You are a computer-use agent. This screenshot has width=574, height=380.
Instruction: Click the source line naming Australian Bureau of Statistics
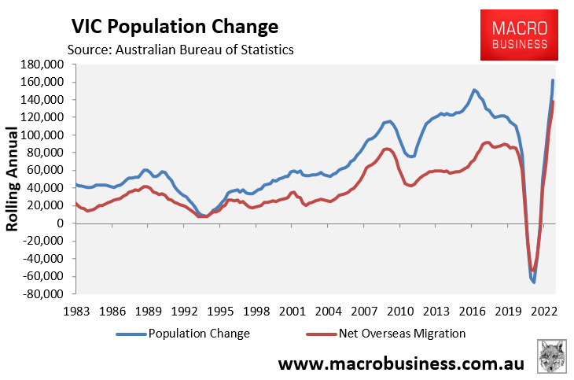click(181, 50)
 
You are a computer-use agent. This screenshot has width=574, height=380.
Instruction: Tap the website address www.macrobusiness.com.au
click(403, 364)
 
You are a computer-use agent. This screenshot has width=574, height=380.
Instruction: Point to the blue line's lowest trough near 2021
click(533, 282)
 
